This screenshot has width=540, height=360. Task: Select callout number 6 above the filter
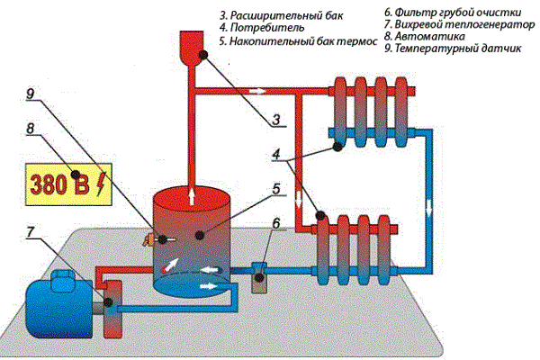pos(276,224)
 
